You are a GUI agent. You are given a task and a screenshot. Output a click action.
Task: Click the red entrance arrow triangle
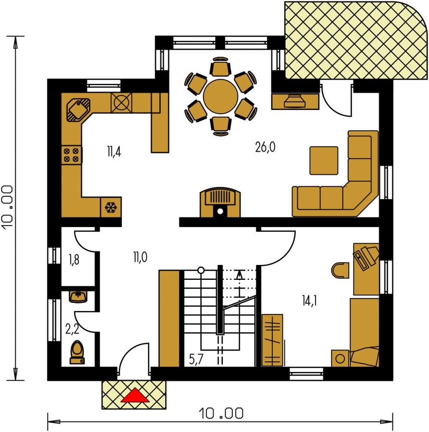(135, 396)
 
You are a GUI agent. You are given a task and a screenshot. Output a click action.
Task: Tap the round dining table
(220, 96)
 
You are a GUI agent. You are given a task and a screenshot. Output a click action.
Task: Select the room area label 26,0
(265, 147)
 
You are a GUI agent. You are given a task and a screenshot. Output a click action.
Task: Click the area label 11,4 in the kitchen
(114, 152)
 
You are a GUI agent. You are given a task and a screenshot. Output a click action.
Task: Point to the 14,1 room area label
(309, 300)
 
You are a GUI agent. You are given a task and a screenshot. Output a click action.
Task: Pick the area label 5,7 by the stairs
(196, 359)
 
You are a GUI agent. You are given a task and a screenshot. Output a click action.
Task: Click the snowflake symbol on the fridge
(111, 207)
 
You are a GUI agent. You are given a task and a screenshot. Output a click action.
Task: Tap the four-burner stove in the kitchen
(72, 155)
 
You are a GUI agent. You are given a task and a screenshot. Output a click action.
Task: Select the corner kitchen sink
(78, 109)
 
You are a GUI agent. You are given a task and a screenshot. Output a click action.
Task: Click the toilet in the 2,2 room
(77, 353)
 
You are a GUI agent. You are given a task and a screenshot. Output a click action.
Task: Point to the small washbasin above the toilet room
(78, 297)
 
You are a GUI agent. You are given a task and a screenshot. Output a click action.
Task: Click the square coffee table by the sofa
(324, 161)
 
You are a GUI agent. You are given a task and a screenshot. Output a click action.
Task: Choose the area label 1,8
(74, 260)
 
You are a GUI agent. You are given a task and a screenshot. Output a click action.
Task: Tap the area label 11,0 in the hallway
(140, 257)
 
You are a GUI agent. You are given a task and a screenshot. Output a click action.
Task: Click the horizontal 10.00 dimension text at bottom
(221, 414)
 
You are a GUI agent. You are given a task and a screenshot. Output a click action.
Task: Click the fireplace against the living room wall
(220, 203)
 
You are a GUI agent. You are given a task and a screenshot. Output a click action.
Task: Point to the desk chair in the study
(340, 270)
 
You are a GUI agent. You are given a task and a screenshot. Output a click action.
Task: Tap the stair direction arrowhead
(240, 274)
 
